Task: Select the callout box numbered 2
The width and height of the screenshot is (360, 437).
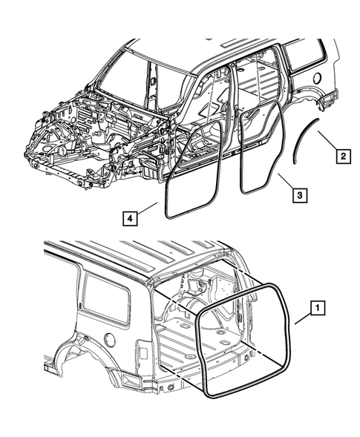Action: click(x=341, y=157)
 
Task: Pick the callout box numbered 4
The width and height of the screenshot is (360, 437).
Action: click(x=129, y=219)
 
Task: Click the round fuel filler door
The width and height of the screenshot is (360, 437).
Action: click(x=108, y=339)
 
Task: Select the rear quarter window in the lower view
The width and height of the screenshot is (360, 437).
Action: click(x=104, y=295)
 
